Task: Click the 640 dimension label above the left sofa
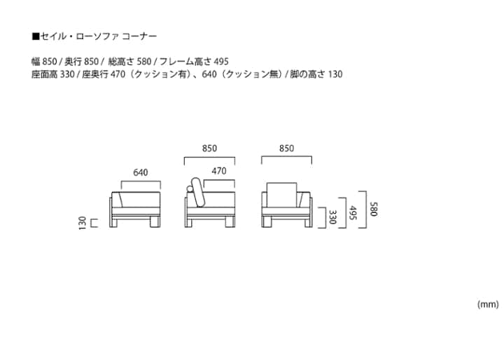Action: click(x=141, y=172)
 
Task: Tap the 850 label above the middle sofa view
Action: click(x=209, y=148)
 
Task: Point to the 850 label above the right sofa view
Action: click(x=286, y=148)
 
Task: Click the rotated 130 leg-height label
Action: click(x=83, y=223)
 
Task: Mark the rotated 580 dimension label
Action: click(x=374, y=208)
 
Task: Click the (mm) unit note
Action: click(x=487, y=305)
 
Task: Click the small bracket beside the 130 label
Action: click(x=93, y=223)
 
